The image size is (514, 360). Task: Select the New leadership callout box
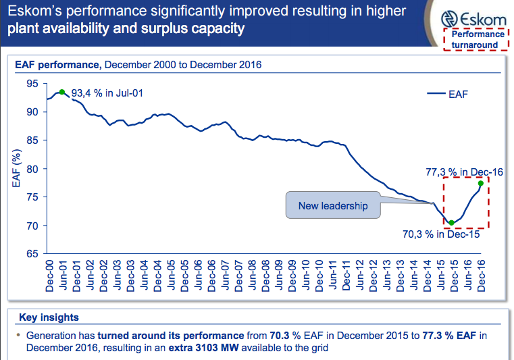(x=334, y=205)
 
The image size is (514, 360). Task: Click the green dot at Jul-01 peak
(x=62, y=92)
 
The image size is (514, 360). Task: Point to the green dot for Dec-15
(x=451, y=222)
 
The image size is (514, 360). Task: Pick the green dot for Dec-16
(x=480, y=183)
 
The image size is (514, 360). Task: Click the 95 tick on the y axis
(x=32, y=84)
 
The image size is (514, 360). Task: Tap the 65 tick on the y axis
(x=32, y=254)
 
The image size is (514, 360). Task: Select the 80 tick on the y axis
(x=32, y=169)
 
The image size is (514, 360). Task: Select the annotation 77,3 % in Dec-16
(x=465, y=172)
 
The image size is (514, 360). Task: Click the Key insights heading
(x=49, y=317)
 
